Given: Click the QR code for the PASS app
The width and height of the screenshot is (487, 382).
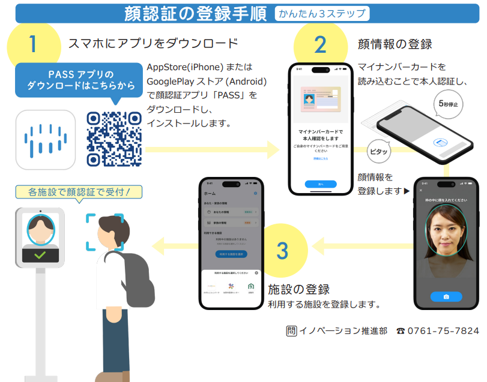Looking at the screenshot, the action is coord(113,139).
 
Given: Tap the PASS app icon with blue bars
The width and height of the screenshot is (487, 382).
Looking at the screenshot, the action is coord(46,139).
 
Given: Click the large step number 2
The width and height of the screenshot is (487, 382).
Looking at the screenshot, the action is coord(320,44).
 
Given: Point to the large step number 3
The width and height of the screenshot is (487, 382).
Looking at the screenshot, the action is coord(283,250).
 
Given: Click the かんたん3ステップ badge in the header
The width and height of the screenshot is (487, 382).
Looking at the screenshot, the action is coord(322,13).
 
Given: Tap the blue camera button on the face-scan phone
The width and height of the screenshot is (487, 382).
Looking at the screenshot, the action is coord(446,297).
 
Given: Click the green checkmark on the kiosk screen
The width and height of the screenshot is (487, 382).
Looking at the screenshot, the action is coord(40,255).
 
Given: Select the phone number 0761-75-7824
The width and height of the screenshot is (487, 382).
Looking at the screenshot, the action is coord(444,330).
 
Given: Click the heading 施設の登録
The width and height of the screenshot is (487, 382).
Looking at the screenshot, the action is coord(298,290).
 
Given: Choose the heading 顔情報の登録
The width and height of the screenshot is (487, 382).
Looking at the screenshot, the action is coord(395,44).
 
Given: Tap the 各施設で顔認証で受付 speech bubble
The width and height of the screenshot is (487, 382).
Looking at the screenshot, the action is coord(79,192).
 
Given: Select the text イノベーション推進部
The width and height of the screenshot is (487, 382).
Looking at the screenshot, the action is coord(343,330).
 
